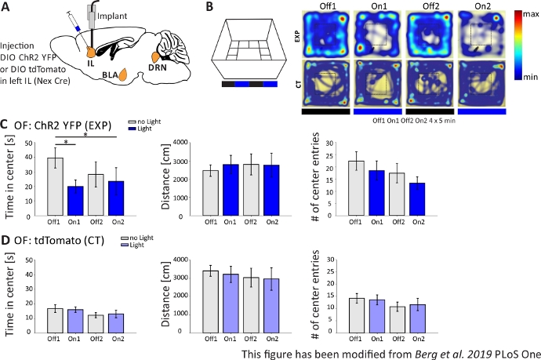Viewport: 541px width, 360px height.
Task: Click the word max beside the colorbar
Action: pos(527,16)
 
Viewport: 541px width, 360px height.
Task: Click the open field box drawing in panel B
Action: pos(249,45)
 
